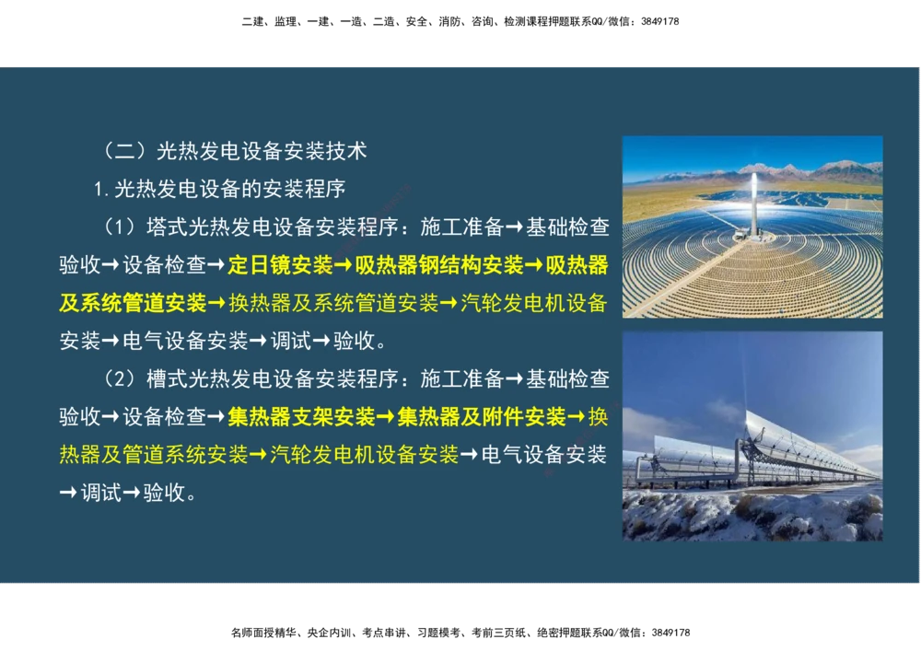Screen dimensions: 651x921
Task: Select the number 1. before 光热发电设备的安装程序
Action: pos(102,190)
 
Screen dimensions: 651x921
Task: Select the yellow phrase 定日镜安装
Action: pos(280,265)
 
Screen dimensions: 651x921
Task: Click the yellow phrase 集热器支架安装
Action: pos(301,417)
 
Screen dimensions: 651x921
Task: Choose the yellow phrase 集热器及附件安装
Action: pos(481,417)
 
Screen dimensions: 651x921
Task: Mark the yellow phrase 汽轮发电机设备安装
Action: pos(364,454)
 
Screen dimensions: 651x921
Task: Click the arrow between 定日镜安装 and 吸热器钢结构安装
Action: pos(344,265)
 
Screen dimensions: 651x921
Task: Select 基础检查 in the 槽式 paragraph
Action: pos(566,378)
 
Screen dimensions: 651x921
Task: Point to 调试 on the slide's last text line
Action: pos(99,493)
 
